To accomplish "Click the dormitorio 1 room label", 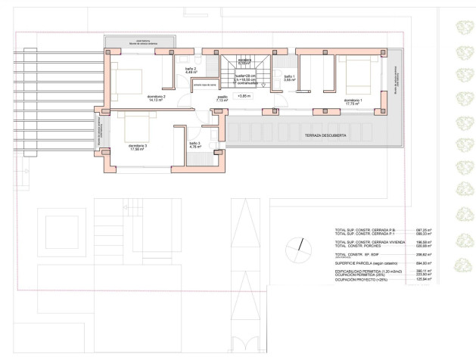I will pos(353,100).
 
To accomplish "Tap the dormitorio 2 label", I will pos(156,97).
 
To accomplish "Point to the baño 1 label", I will pos(290,76).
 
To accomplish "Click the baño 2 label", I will pos(191,70).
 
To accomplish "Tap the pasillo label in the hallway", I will pos(222,97).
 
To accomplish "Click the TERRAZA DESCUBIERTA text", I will pos(326,134).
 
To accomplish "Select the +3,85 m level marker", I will pos(244,97).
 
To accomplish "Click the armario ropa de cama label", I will pos(204,87).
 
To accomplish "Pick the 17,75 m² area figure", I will pos(353,104).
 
